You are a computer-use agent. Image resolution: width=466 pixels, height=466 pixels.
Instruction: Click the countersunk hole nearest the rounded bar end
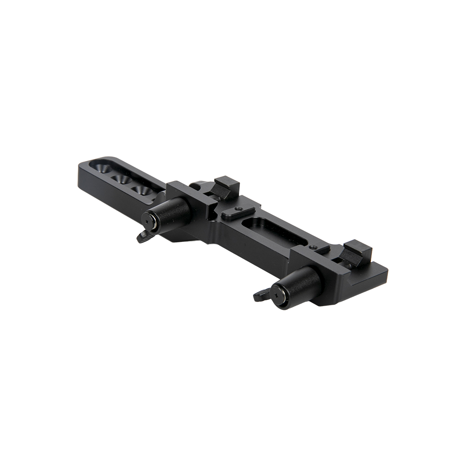(102, 167)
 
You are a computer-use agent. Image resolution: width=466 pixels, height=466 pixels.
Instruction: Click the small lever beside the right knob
(261, 295)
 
